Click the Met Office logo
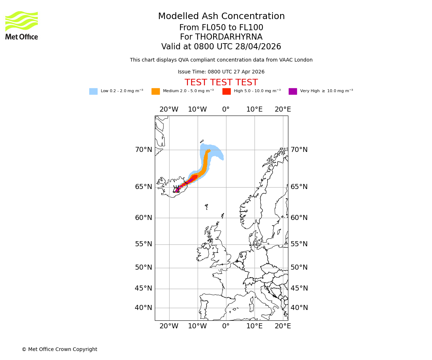click(22, 25)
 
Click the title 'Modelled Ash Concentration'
click(221, 17)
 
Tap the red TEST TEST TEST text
click(221, 82)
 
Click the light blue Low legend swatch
click(93, 91)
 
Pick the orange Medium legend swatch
click(156, 91)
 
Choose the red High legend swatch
click(226, 91)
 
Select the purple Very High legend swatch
click(293, 91)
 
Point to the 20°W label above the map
click(169, 109)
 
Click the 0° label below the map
click(226, 326)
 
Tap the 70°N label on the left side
click(143, 150)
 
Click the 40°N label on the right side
click(299, 308)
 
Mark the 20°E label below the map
click(283, 326)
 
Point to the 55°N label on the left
click(143, 244)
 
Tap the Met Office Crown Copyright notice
click(59, 349)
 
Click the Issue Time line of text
click(221, 72)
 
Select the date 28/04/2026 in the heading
click(258, 47)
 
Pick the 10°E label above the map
click(254, 109)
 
